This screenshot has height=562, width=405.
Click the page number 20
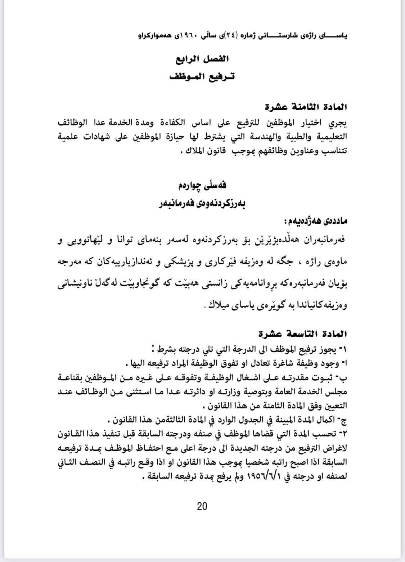pyautogui.click(x=202, y=507)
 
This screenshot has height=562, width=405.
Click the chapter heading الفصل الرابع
pyautogui.click(x=202, y=59)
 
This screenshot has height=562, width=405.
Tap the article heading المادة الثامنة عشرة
pyautogui.click(x=305, y=107)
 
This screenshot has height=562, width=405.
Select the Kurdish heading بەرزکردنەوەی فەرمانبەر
pyautogui.click(x=202, y=204)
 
